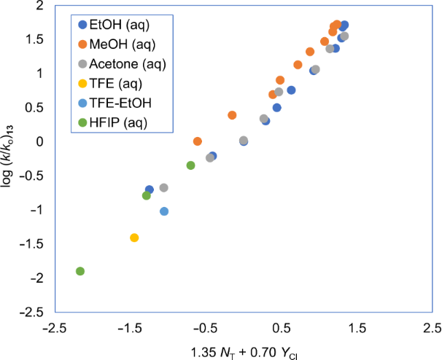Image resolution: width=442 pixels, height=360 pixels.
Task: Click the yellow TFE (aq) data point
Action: click(x=134, y=238)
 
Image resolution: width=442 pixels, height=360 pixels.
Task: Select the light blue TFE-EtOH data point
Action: click(x=164, y=211)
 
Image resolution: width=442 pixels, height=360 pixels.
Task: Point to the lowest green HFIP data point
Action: click(x=80, y=271)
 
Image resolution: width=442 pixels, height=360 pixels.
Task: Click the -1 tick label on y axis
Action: click(x=36, y=210)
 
